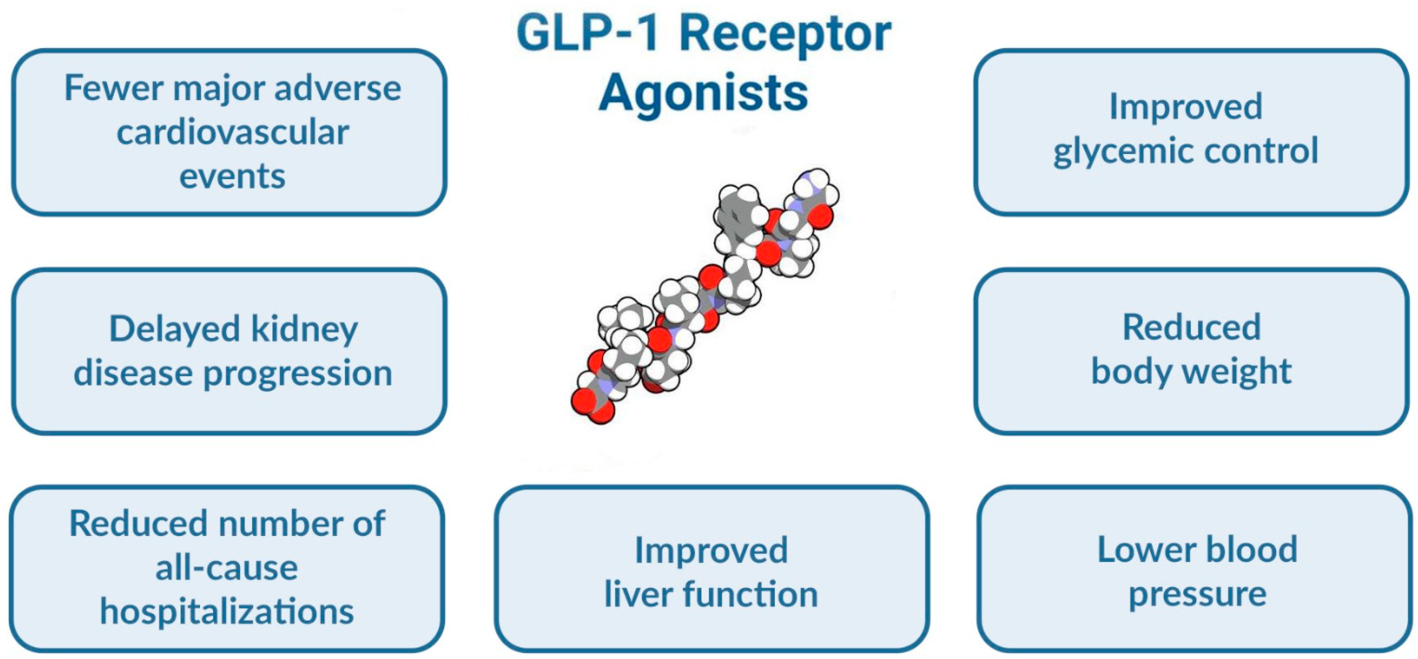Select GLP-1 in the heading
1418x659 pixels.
tap(588, 34)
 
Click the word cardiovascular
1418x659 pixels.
tap(232, 132)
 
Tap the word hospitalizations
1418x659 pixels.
tap(227, 612)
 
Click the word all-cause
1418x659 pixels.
tap(227, 567)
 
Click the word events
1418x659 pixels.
tap(232, 176)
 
